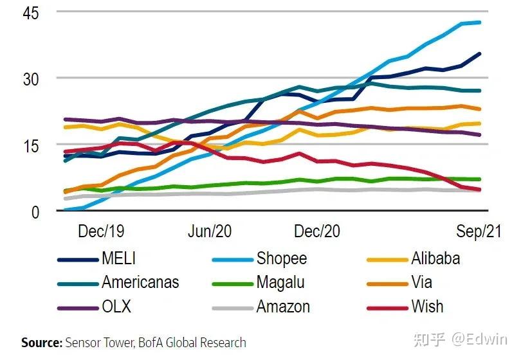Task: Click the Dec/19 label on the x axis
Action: tap(100, 232)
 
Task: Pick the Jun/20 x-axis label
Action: tap(210, 232)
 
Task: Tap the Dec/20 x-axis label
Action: tap(317, 232)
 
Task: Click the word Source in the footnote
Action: tap(41, 343)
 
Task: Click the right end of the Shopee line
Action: tap(480, 22)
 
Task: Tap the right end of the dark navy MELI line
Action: tap(480, 53)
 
